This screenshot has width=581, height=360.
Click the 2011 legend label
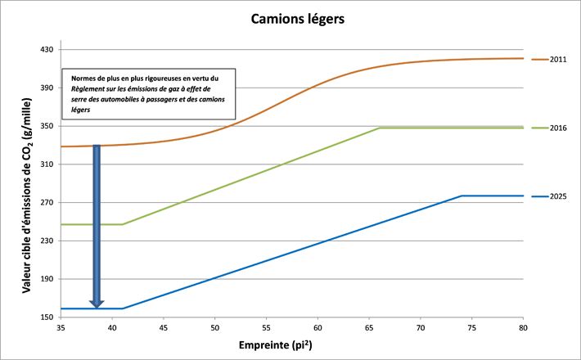pos(558,60)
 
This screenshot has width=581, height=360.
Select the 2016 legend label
pos(558,128)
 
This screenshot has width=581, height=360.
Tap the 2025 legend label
pos(558,196)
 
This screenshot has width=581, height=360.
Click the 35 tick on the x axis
pos(61,327)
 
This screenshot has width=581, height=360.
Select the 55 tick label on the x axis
pos(266,327)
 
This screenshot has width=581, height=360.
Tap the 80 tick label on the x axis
pos(523,327)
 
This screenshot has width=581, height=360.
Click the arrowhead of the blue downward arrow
pos(97,304)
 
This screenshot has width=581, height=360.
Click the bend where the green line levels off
pos(380,128)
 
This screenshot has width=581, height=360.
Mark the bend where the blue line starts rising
pos(122,308)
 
